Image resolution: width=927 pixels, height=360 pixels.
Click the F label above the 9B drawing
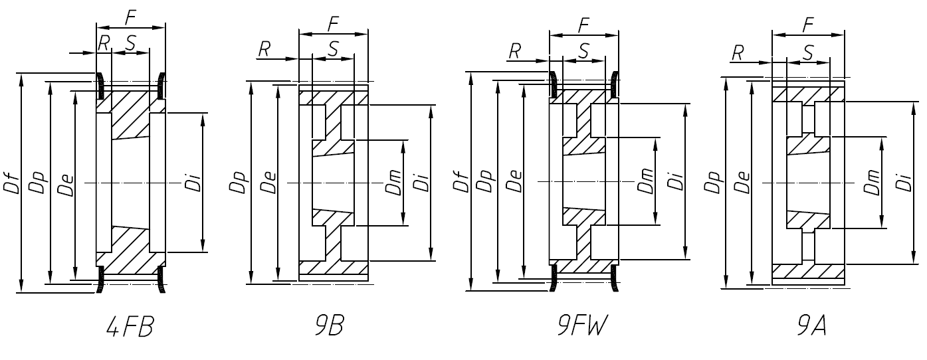334,24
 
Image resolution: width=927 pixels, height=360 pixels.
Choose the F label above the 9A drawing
807,23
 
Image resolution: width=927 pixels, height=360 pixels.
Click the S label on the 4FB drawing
130,43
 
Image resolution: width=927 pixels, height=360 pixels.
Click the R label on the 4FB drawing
104,43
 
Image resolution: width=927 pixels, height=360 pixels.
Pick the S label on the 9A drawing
808,52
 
